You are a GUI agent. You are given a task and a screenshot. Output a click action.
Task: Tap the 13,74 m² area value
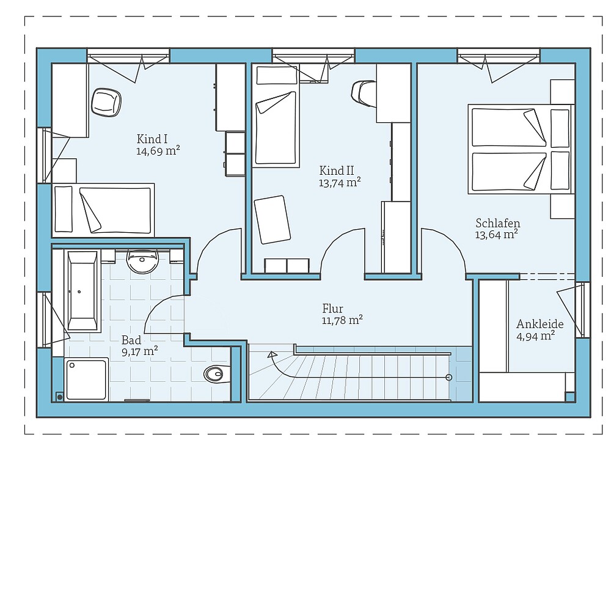coord(340,182)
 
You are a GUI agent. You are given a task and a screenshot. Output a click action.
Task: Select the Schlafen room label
coord(497,223)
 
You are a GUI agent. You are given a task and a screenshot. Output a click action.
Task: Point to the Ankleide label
coord(540,324)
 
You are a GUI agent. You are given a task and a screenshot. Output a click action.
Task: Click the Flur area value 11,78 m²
coord(342,320)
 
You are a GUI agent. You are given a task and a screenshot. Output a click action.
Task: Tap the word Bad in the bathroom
coord(131,340)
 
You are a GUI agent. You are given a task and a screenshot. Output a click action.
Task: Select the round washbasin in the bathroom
coord(142,262)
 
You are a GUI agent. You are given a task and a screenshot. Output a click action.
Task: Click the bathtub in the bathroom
coord(82,291)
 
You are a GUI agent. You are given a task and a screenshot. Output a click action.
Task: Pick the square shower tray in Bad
coord(86,379)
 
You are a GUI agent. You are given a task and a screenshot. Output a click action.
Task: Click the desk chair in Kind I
coord(106,101)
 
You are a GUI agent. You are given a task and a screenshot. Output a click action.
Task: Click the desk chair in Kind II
coord(363,93)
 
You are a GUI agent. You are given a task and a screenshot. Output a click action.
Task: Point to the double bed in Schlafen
coord(519,149)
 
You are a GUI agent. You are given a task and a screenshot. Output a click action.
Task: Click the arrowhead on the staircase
coord(272,354)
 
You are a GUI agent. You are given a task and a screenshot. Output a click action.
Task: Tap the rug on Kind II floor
coord(273,219)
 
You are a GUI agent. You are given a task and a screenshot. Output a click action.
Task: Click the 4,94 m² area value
coord(535,335)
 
